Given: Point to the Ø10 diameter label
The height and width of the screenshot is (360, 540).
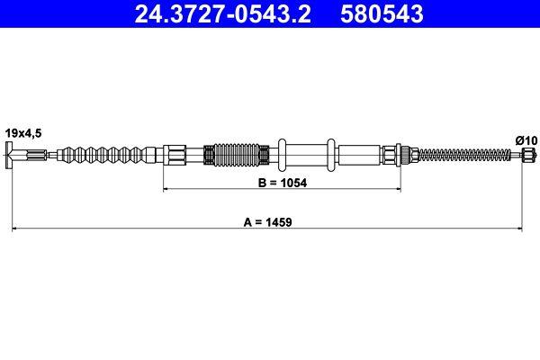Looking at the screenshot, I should (526, 139).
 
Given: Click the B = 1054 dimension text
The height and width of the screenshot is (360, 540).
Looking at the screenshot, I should (281, 181).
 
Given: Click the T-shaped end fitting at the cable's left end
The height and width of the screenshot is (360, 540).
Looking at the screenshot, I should (13, 156).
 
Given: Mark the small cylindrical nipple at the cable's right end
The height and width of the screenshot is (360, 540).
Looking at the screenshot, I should (528, 156).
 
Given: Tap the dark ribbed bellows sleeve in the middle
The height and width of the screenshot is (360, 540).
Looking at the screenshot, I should (236, 156).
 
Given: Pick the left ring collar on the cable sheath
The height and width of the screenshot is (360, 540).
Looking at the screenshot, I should (283, 156).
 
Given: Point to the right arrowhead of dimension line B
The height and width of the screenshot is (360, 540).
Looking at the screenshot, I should (397, 190).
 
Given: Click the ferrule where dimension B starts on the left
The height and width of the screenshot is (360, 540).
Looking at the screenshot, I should (174, 156).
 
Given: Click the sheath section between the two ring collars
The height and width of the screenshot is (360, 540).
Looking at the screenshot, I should (308, 156).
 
